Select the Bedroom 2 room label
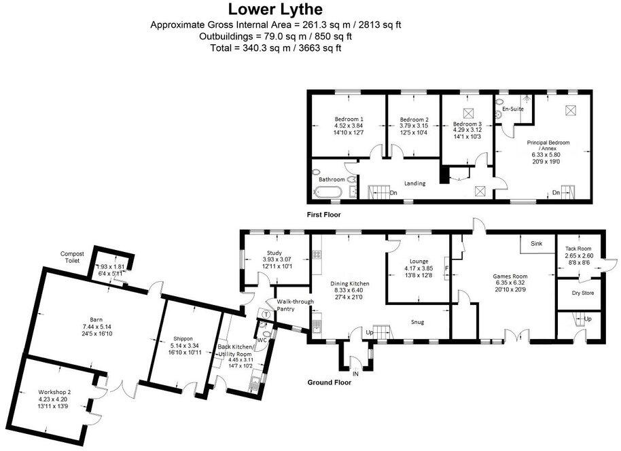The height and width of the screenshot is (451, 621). [x=414, y=118]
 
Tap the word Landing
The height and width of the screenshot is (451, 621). [x=414, y=183]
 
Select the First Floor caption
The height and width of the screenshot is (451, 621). [x=323, y=214]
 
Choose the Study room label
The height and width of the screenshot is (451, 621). [x=274, y=253]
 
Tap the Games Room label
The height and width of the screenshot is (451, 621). [x=510, y=276]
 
